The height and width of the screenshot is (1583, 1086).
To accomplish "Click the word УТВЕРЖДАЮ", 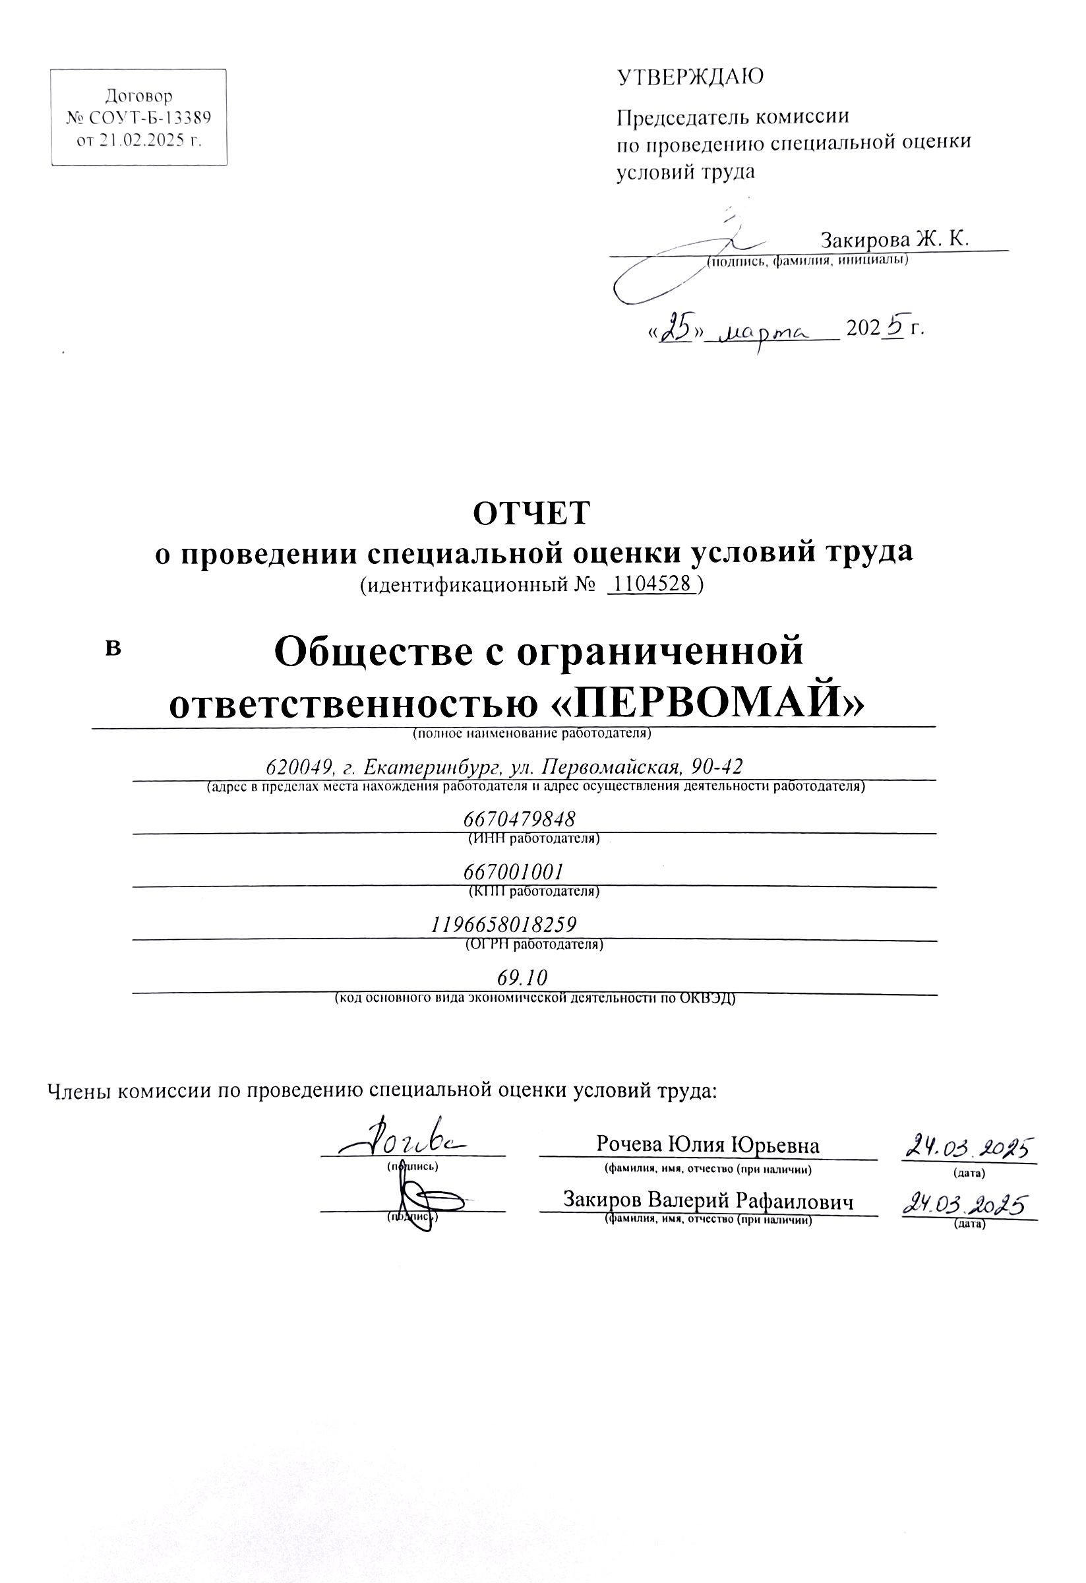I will click(690, 77).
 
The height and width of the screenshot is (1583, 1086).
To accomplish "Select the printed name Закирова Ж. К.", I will click(894, 240).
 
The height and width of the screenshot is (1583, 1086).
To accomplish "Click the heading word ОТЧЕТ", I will click(531, 514).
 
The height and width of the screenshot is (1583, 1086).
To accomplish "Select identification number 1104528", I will click(653, 584).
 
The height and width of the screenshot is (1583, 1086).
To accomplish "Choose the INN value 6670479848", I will click(520, 818).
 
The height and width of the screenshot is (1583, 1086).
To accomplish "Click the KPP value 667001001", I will click(514, 871).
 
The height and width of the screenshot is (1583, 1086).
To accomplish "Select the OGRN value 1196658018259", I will click(504, 924).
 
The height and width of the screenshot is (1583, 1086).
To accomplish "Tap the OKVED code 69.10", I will click(522, 978).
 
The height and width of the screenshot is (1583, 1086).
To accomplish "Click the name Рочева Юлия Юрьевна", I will click(708, 1144).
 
